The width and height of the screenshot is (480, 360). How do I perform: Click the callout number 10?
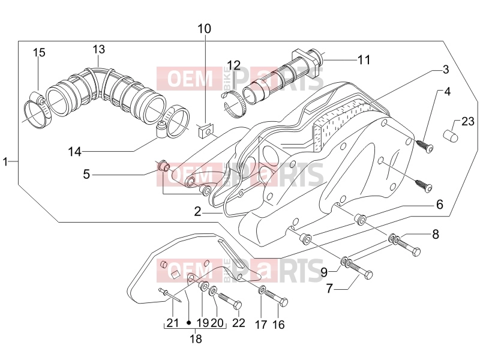point(204,29)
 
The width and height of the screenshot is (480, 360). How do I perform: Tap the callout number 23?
point(468,122)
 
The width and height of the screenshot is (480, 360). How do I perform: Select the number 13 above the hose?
point(99,49)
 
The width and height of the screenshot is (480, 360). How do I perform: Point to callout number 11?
point(364,59)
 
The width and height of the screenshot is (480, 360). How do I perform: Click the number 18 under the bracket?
point(196,339)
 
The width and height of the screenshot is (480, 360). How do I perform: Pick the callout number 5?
point(86,175)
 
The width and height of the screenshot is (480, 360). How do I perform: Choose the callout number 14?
point(74,152)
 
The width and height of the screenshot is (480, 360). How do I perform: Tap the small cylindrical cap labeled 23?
point(451,136)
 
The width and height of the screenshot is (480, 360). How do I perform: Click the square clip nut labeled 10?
point(205,131)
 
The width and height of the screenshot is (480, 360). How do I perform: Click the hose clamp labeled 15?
point(37,111)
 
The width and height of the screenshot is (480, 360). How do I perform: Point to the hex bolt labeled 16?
point(276,298)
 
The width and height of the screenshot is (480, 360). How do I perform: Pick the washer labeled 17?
point(262,290)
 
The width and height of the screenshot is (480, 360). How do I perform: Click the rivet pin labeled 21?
point(170,296)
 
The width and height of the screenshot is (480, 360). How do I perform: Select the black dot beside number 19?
point(189,322)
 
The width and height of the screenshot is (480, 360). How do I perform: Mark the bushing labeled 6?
point(360,220)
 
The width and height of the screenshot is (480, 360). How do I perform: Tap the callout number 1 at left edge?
point(5,161)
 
